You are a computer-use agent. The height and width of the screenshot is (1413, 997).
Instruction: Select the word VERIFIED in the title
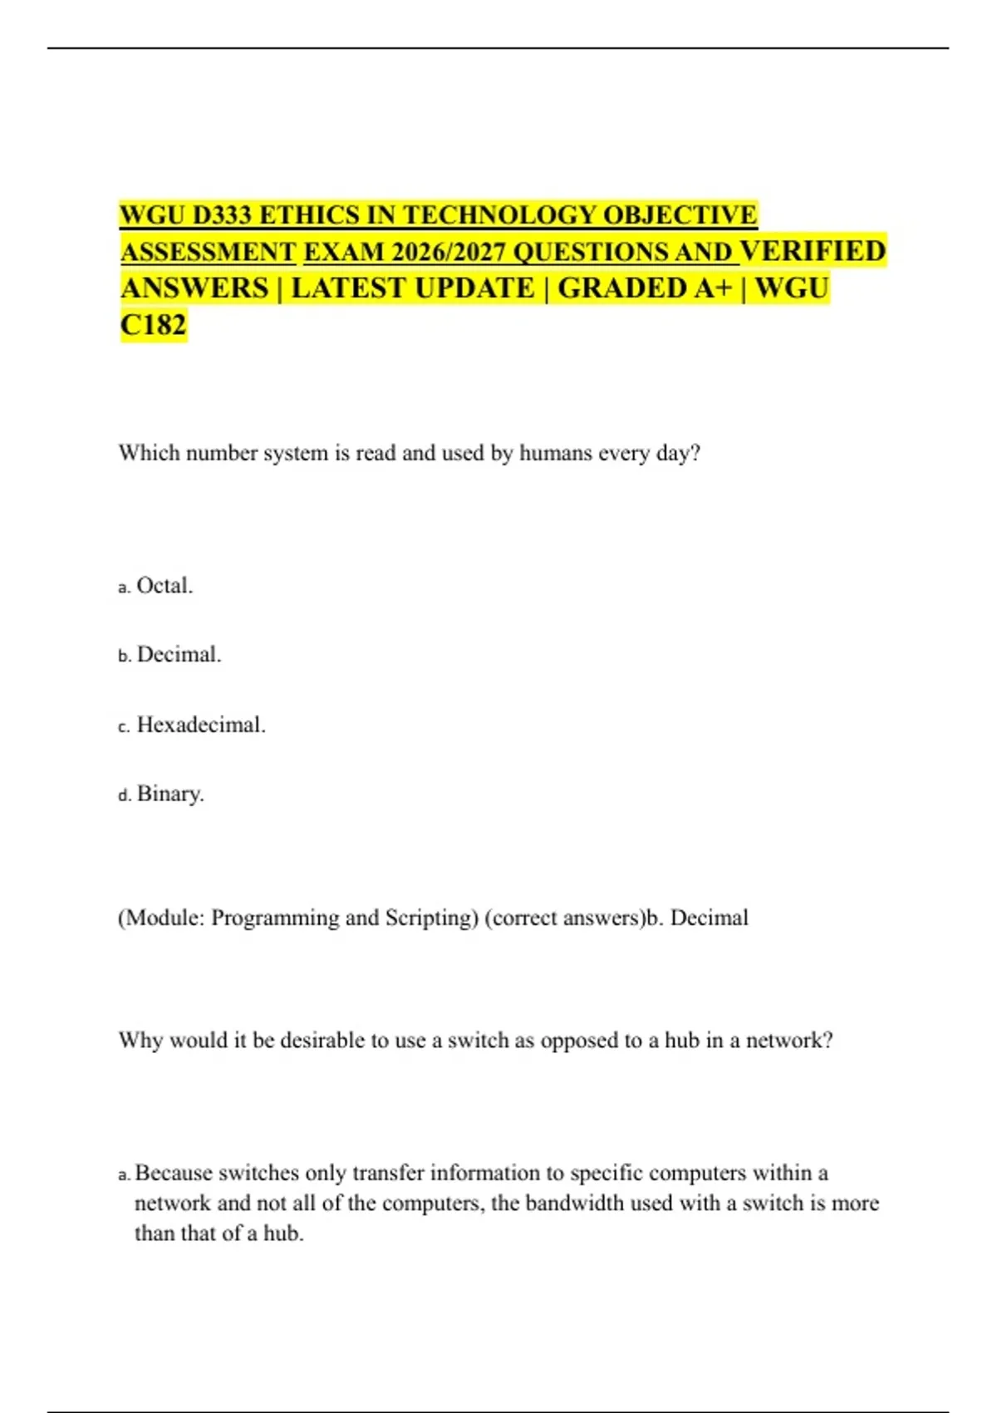tap(813, 251)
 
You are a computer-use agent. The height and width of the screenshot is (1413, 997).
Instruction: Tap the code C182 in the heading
tap(153, 324)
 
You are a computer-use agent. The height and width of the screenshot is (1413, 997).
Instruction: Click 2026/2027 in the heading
tap(448, 252)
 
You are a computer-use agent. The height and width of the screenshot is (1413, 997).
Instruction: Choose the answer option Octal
tap(165, 586)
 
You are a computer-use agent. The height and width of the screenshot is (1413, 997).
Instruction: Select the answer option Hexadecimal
tap(201, 725)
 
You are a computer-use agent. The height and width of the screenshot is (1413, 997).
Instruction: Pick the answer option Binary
tap(170, 794)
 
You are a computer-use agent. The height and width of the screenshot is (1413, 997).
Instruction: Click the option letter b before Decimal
tap(125, 657)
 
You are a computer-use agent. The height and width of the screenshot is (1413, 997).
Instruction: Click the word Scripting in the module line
tap(432, 918)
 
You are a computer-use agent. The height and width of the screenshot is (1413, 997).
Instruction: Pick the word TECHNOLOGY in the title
tap(499, 215)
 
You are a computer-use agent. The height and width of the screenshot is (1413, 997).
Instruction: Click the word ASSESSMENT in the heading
tap(208, 252)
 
